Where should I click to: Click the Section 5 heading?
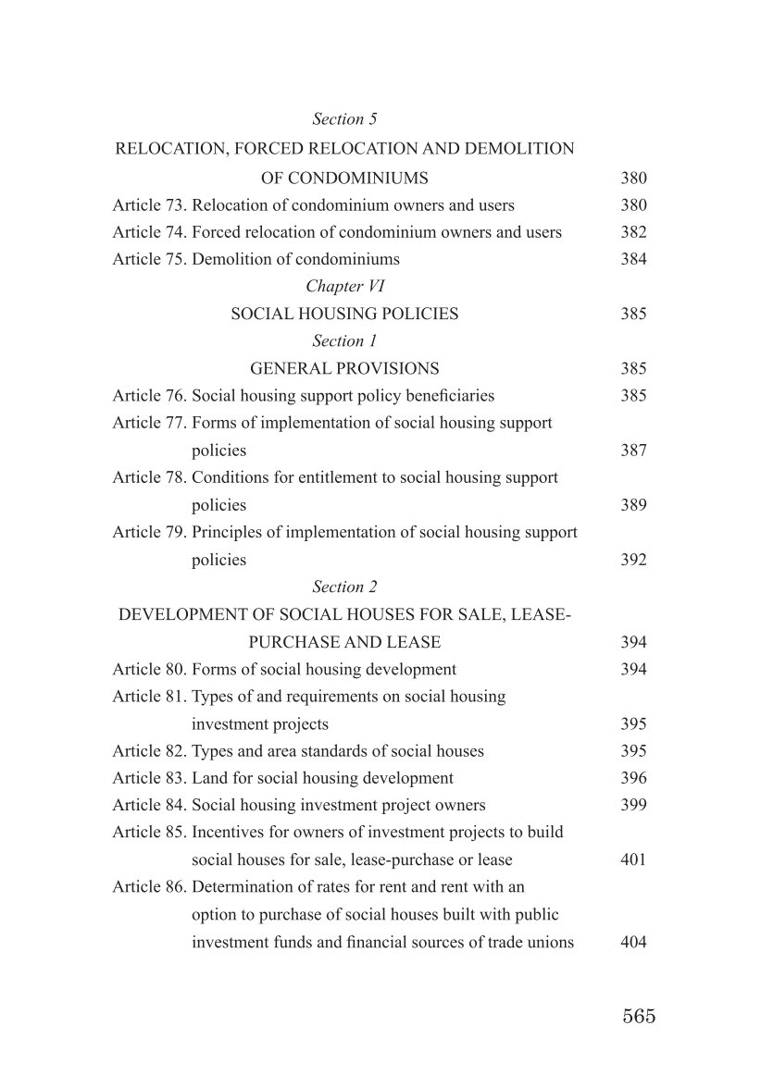point(344,119)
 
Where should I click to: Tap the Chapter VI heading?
point(344,287)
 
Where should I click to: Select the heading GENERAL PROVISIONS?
point(344,368)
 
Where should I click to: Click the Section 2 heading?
point(344,587)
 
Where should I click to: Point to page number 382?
point(633,232)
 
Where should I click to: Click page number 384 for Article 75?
point(633,259)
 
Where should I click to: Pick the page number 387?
point(633,451)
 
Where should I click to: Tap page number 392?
point(633,560)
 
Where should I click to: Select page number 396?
point(633,778)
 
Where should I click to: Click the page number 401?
point(633,859)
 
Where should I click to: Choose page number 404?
point(633,943)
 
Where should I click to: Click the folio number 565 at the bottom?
point(639,1016)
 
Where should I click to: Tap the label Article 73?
point(149,205)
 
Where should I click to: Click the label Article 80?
point(149,669)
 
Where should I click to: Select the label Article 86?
point(149,887)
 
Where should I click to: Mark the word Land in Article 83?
point(209,778)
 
